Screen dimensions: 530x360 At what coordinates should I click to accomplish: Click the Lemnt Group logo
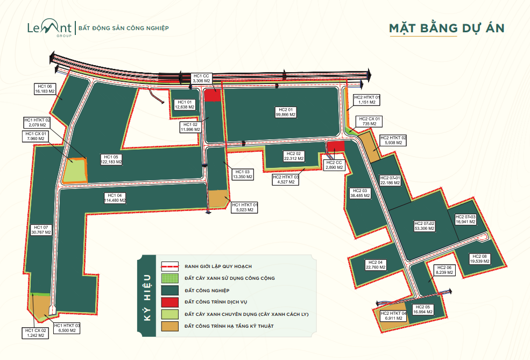pyautogui.click(x=50, y=28)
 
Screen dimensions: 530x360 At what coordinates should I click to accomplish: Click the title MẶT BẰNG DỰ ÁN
pyautogui.click(x=447, y=28)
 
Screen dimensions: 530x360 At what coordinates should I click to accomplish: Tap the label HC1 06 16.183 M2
pyautogui.click(x=45, y=89)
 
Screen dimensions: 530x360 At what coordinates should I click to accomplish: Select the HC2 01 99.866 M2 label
pyautogui.click(x=286, y=112)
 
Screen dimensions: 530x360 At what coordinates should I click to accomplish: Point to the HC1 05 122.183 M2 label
pyautogui.click(x=111, y=159)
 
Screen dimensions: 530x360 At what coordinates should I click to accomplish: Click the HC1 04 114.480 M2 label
pyautogui.click(x=115, y=197)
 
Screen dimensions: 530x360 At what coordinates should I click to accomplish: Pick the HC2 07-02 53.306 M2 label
pyautogui.click(x=424, y=226)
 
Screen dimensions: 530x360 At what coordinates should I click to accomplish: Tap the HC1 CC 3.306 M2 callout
pyautogui.click(x=201, y=79)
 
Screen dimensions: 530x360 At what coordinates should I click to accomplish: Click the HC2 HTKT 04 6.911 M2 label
pyautogui.click(x=393, y=316)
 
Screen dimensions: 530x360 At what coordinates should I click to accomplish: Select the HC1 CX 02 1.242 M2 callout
pyautogui.click(x=36, y=333)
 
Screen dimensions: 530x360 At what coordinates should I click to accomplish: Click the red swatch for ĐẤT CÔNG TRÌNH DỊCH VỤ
pyautogui.click(x=169, y=302)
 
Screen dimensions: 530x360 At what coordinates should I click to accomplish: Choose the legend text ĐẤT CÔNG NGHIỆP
pyautogui.click(x=207, y=291)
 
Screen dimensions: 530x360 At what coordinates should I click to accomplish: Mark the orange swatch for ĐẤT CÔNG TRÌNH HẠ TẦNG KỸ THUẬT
pyautogui.click(x=169, y=326)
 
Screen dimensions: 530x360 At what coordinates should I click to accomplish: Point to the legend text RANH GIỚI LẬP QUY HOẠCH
pyautogui.click(x=218, y=266)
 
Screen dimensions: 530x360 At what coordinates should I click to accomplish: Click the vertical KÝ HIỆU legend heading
pyautogui.click(x=147, y=298)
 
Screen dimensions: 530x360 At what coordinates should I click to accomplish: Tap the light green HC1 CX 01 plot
pyautogui.click(x=75, y=171)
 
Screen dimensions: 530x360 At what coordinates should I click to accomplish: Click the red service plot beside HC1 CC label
pyautogui.click(x=213, y=95)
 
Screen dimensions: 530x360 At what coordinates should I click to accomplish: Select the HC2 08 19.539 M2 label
pyautogui.click(x=479, y=259)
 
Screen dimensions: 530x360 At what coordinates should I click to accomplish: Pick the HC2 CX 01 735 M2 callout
pyautogui.click(x=369, y=122)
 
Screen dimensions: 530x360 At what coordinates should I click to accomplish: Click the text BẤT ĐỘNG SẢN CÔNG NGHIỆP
pyautogui.click(x=123, y=28)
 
